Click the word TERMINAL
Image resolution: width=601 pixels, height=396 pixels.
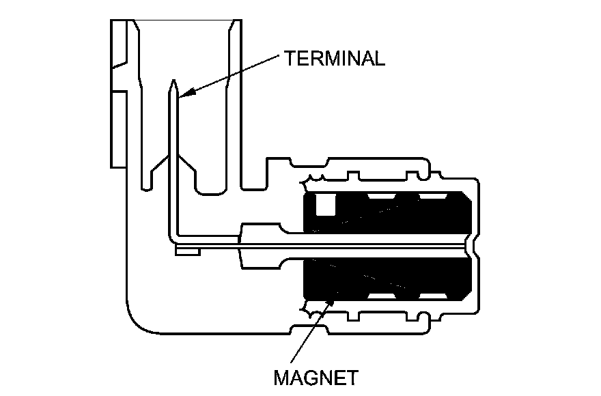[x=335, y=57]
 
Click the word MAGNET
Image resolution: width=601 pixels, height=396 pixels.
[x=316, y=377]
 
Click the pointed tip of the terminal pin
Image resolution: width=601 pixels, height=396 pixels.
[x=174, y=81]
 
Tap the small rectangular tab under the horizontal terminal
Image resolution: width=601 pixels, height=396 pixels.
[x=186, y=252]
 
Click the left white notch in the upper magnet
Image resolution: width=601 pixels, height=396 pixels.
[x=381, y=197]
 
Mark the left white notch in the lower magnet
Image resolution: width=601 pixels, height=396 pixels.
[x=381, y=296]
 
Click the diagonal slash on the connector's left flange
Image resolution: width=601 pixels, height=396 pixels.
[x=120, y=69]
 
